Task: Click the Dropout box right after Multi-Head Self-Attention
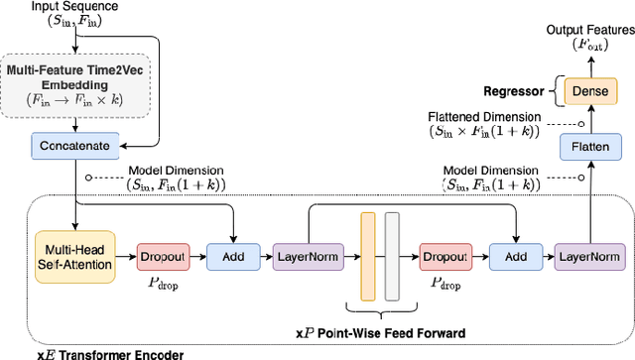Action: click(x=161, y=257)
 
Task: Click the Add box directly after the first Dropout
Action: click(x=231, y=257)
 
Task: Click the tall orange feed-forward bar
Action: click(x=368, y=256)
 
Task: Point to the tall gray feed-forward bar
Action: click(x=391, y=256)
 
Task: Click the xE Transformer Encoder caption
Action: click(x=95, y=352)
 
